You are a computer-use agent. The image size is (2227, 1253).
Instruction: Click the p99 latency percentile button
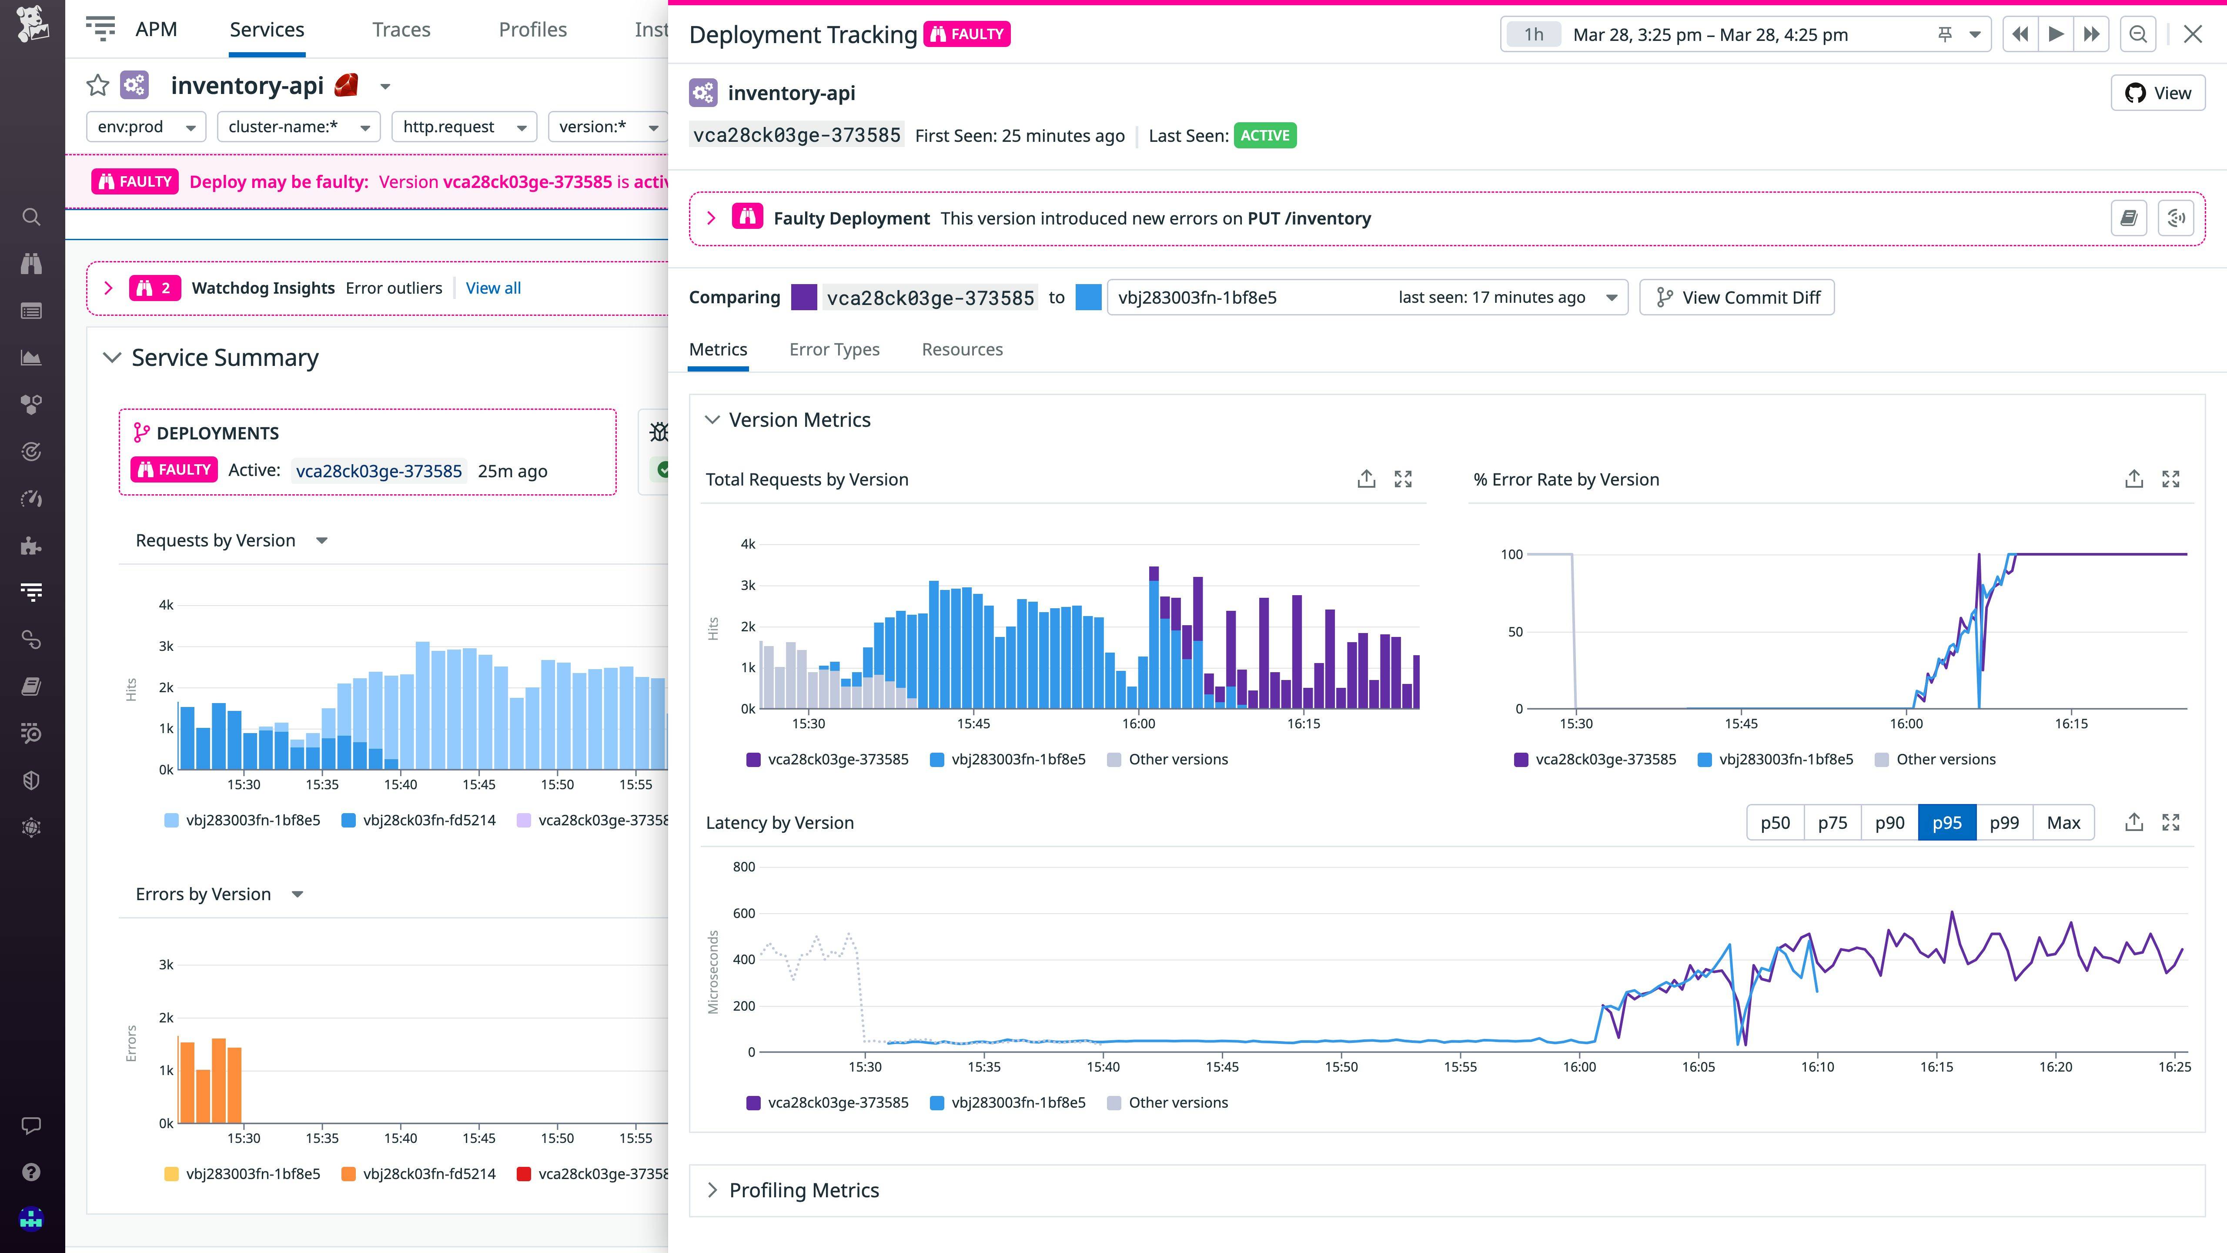[x=2004, y=822]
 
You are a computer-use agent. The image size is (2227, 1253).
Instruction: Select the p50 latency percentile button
[x=1775, y=822]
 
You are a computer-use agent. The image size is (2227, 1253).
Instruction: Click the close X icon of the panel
[x=2192, y=35]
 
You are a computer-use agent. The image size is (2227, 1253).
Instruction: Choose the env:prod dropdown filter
[x=146, y=127]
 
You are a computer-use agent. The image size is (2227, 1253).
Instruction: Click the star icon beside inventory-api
[x=98, y=86]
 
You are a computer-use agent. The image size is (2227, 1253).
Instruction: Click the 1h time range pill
[x=1533, y=35]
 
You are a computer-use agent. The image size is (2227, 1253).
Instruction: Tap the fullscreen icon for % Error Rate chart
[x=2170, y=479]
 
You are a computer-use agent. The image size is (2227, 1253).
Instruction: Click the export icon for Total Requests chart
[x=1366, y=479]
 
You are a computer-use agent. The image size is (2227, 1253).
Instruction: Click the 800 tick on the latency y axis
[x=743, y=867]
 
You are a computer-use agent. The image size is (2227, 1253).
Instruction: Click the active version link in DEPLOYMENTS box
[x=379, y=471]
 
